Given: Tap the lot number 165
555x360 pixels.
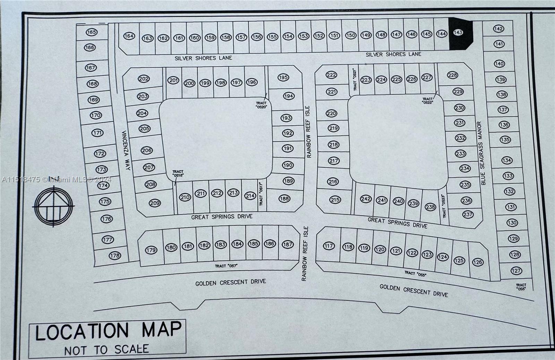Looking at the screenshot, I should point(92,32).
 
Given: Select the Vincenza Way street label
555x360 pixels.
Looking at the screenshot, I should point(125,150).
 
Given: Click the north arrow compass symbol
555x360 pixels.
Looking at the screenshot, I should point(54,206).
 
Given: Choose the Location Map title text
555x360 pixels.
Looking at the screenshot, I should point(108,331).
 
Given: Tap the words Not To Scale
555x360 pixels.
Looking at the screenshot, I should point(106,350).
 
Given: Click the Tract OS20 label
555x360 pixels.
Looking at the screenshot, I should point(261,105).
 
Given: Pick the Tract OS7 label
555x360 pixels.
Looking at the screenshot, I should point(226,266).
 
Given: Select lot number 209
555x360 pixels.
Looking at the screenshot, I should point(155,203).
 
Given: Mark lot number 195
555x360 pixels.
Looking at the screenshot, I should point(283,77).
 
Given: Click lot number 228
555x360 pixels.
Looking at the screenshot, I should point(452,75).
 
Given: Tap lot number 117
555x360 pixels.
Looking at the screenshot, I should point(328,246).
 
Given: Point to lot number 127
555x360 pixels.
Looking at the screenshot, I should point(516,271).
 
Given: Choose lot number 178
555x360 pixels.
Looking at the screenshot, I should point(115,256).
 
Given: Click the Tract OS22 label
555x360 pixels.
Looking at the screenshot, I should point(428,101).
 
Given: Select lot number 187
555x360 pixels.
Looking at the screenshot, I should point(288,244).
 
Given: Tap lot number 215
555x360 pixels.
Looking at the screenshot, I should point(335,200).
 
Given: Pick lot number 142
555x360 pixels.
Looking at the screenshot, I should point(498,29).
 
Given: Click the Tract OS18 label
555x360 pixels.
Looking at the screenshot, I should point(178,174).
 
